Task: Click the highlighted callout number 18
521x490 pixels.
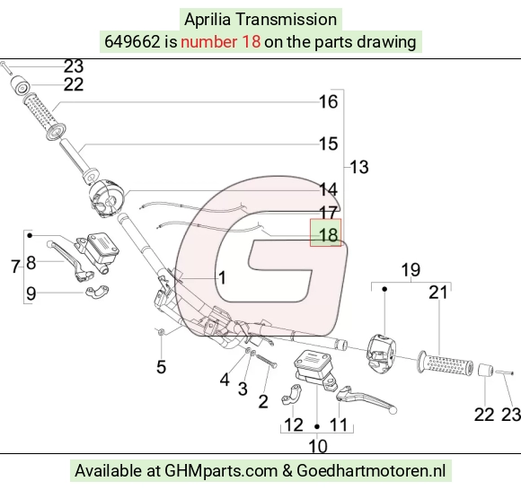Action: (x=328, y=235)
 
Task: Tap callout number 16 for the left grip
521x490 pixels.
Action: (x=328, y=101)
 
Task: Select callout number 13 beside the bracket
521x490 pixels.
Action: (x=359, y=167)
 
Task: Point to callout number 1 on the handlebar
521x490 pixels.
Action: (x=222, y=277)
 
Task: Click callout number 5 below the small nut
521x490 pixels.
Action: (x=161, y=367)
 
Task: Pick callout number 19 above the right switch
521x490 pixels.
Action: (x=411, y=269)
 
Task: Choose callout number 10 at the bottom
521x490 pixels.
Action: (x=318, y=446)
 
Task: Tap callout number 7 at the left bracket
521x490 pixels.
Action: (x=15, y=267)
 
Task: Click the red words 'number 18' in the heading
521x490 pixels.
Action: (x=220, y=42)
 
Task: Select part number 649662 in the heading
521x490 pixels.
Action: (x=132, y=42)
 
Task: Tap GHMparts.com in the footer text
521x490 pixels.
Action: (x=221, y=471)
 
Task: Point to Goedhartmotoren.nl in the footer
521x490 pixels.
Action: (x=371, y=470)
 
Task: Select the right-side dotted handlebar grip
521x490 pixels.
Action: (x=446, y=363)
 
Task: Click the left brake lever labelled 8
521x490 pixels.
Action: (x=70, y=260)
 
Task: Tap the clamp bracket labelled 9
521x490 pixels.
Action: (x=97, y=291)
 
